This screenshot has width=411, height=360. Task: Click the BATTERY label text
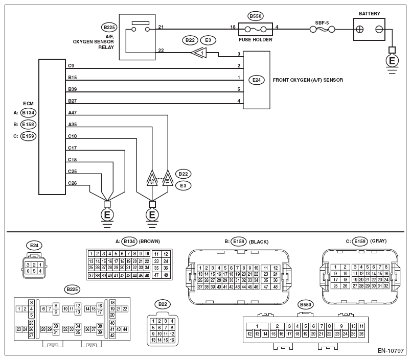coord(369,14)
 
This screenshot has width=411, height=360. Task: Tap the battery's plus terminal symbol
coord(360,29)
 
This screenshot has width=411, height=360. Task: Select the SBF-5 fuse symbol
coord(322,29)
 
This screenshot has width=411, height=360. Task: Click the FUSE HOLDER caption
coord(255,40)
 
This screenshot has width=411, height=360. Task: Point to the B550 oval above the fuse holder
coord(255,16)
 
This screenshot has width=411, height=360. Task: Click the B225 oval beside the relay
coord(109,27)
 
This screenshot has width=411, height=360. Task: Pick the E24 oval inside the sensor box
coord(256,80)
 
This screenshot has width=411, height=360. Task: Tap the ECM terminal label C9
coord(71,65)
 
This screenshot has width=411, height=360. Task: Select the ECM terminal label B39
coord(73,89)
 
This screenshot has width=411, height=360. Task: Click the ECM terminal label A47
coord(73,112)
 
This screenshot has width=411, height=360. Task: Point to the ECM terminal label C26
coord(73,183)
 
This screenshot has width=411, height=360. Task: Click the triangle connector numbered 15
coord(152,179)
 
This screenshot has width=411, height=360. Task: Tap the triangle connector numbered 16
coord(168,179)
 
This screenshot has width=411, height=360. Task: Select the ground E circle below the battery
coord(392,61)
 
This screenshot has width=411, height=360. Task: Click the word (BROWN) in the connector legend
coord(149,242)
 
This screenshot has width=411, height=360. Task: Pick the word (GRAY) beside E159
coord(378,241)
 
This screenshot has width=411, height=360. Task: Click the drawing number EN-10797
coord(391,351)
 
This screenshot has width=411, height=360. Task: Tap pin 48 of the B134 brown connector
coord(166,275)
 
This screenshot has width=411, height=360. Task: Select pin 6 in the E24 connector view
coord(28,271)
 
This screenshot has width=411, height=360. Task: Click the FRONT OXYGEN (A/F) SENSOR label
coord(308,80)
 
